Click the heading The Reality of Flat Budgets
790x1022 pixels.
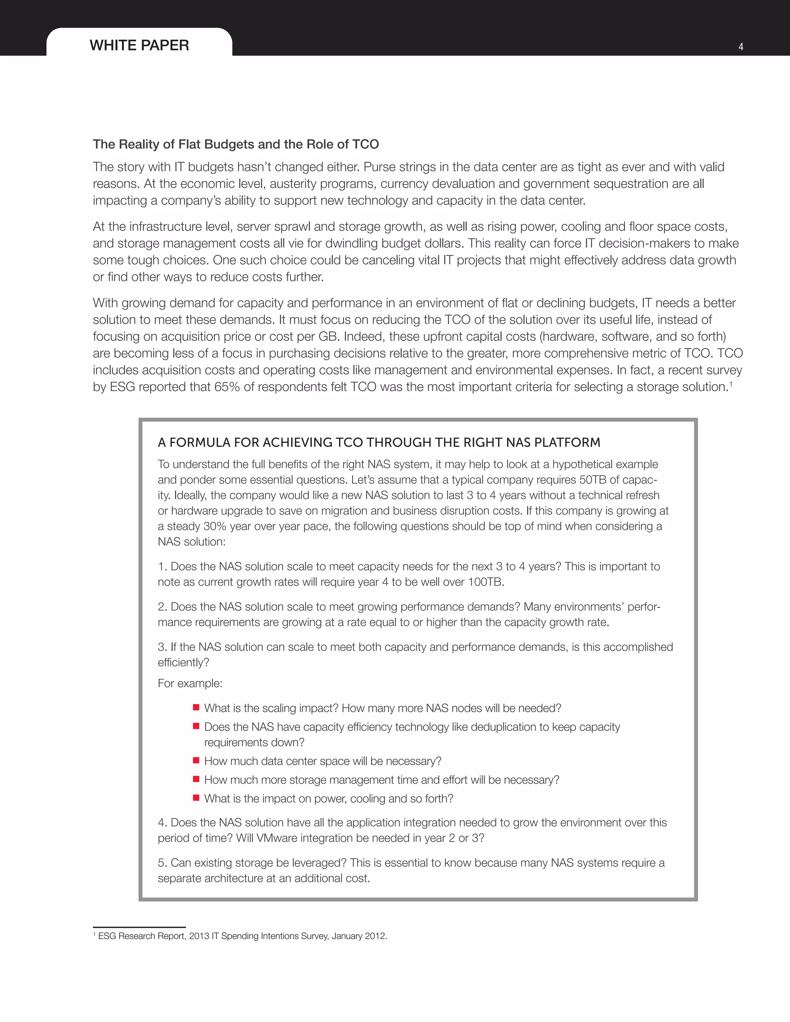pos(235,144)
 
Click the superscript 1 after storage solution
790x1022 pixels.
pos(731,384)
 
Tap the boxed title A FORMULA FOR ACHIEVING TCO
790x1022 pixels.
pos(379,443)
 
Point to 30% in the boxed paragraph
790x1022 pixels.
pos(215,526)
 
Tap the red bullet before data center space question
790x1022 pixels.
pos(197,760)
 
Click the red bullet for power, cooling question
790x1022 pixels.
pos(197,798)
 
